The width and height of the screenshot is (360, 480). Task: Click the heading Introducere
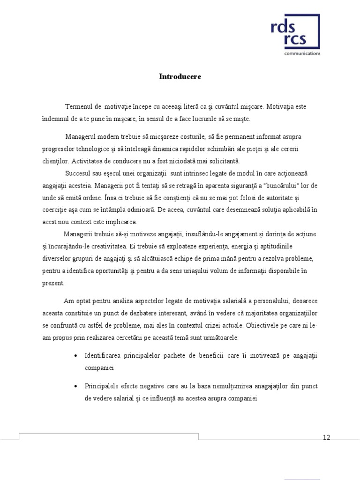pos(180,76)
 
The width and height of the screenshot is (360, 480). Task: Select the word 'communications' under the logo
pos(302,54)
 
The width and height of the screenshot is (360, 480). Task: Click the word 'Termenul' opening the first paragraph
pos(78,107)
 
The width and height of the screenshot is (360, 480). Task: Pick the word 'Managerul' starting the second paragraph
pos(80,136)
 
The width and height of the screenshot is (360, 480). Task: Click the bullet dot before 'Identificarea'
pos(76,357)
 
